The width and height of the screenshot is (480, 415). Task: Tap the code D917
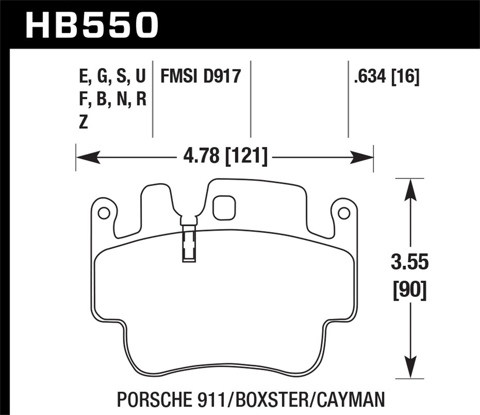222,76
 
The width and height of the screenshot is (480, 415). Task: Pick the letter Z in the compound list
83,123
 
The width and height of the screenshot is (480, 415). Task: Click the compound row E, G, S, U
113,76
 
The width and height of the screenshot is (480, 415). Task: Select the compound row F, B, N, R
113,100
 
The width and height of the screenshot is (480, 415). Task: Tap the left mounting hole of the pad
103,213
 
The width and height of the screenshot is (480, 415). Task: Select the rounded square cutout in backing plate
224,208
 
